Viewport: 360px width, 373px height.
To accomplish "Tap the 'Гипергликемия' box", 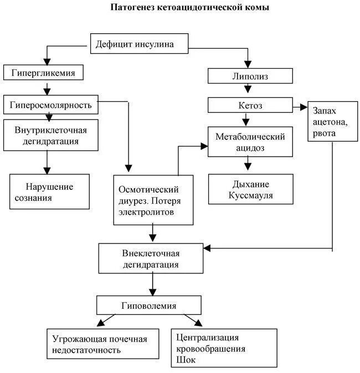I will coord(47,72).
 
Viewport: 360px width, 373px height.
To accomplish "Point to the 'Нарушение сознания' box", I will coord(49,191).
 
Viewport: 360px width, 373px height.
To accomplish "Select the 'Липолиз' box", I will coord(250,76).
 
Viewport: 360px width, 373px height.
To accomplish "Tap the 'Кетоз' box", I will coord(250,105).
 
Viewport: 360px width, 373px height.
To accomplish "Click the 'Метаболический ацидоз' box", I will coord(250,142).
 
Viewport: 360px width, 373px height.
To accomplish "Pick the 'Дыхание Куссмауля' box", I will coord(250,190).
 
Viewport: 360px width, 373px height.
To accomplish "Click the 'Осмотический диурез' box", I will coord(154,200).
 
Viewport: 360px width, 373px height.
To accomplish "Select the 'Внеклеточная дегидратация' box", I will coord(150,258).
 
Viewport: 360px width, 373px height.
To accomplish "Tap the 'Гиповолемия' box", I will coord(148,305).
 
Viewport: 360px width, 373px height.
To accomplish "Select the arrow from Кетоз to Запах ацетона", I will coord(300,105).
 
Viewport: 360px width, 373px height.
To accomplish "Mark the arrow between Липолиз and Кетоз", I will coord(250,91).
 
